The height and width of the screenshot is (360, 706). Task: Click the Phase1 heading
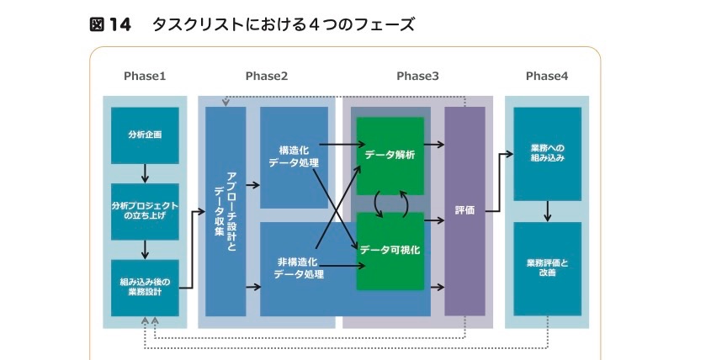145,77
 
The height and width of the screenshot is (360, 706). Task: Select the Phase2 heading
267,77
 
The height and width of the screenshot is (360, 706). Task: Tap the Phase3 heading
417,77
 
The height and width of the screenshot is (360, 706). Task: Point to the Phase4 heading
547,77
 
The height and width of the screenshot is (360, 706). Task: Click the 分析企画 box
145,135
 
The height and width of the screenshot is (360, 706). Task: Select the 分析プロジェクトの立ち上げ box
145,211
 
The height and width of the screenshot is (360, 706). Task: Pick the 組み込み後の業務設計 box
145,287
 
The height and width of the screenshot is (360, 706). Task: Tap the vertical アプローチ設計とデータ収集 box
226,210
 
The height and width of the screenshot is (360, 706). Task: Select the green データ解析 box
390,156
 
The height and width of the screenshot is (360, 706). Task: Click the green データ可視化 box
390,251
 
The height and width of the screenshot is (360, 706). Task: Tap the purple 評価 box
464,210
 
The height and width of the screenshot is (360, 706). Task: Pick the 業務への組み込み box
547,153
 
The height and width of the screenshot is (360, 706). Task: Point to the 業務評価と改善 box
547,267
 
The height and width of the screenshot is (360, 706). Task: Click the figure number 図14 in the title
110,24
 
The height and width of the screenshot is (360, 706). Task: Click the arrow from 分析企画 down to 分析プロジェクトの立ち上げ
145,173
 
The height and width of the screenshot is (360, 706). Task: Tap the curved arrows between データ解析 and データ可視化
390,203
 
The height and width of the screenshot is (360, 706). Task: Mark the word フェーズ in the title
386,24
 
